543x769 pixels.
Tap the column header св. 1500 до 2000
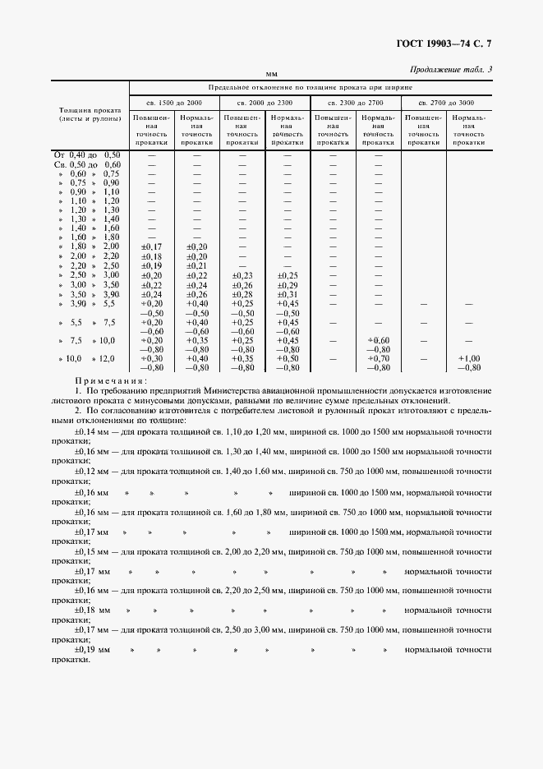click(x=174, y=102)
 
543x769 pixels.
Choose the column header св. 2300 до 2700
click(x=355, y=102)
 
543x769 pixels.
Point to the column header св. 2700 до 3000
click(x=446, y=102)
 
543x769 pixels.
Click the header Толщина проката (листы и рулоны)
click(x=90, y=114)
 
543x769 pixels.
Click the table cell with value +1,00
click(x=469, y=358)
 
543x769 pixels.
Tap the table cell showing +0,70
click(x=379, y=358)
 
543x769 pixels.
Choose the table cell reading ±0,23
click(x=242, y=275)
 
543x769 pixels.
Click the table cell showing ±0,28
click(x=242, y=294)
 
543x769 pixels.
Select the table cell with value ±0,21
click(x=197, y=266)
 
